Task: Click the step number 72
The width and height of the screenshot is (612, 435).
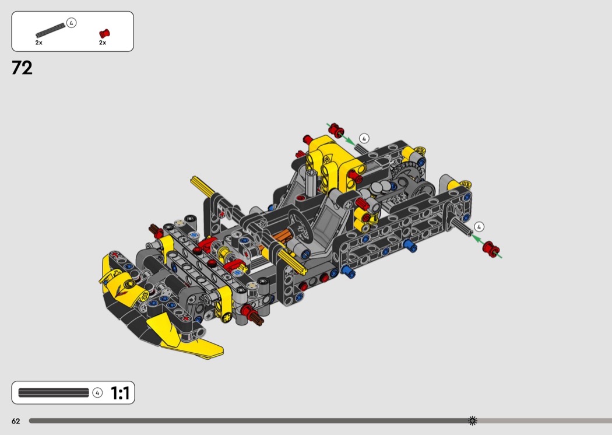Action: click(22, 68)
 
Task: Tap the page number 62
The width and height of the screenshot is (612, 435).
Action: click(16, 421)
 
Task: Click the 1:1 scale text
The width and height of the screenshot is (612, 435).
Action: click(120, 393)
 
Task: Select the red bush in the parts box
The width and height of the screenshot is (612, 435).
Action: click(104, 34)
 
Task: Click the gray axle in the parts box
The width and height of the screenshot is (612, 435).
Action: click(50, 30)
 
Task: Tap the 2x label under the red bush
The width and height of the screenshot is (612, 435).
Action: click(102, 43)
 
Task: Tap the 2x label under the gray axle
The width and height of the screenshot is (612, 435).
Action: click(38, 43)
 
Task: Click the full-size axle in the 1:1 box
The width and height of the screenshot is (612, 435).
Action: click(54, 392)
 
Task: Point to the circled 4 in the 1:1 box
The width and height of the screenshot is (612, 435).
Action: click(97, 392)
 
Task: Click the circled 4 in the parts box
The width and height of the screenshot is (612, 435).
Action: click(71, 23)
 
